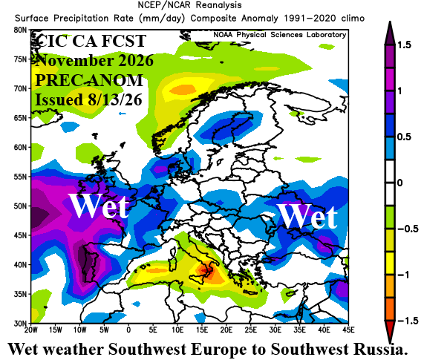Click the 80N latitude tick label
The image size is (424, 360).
coord(20,30)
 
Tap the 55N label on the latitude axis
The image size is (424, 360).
coord(20,177)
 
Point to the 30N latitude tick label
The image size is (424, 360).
coord(20,323)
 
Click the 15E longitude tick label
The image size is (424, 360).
coord(202,330)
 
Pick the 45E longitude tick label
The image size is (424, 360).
coord(348,330)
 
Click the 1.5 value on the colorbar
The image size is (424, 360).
coord(404,45)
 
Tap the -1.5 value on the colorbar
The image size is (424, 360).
coord(408,321)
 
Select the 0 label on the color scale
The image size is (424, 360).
coord(400,183)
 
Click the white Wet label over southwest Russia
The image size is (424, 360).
coord(307,216)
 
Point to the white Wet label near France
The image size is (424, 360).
coord(100,206)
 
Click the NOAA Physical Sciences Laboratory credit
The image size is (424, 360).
coord(280,35)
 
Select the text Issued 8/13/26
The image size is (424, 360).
coord(88,99)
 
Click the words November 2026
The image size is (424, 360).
coord(95,60)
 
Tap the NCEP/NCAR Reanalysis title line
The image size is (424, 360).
coord(189,5)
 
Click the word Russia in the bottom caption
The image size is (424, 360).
coord(380,349)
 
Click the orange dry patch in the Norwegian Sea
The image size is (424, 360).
coord(183,89)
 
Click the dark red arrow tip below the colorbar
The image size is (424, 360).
coord(390,341)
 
